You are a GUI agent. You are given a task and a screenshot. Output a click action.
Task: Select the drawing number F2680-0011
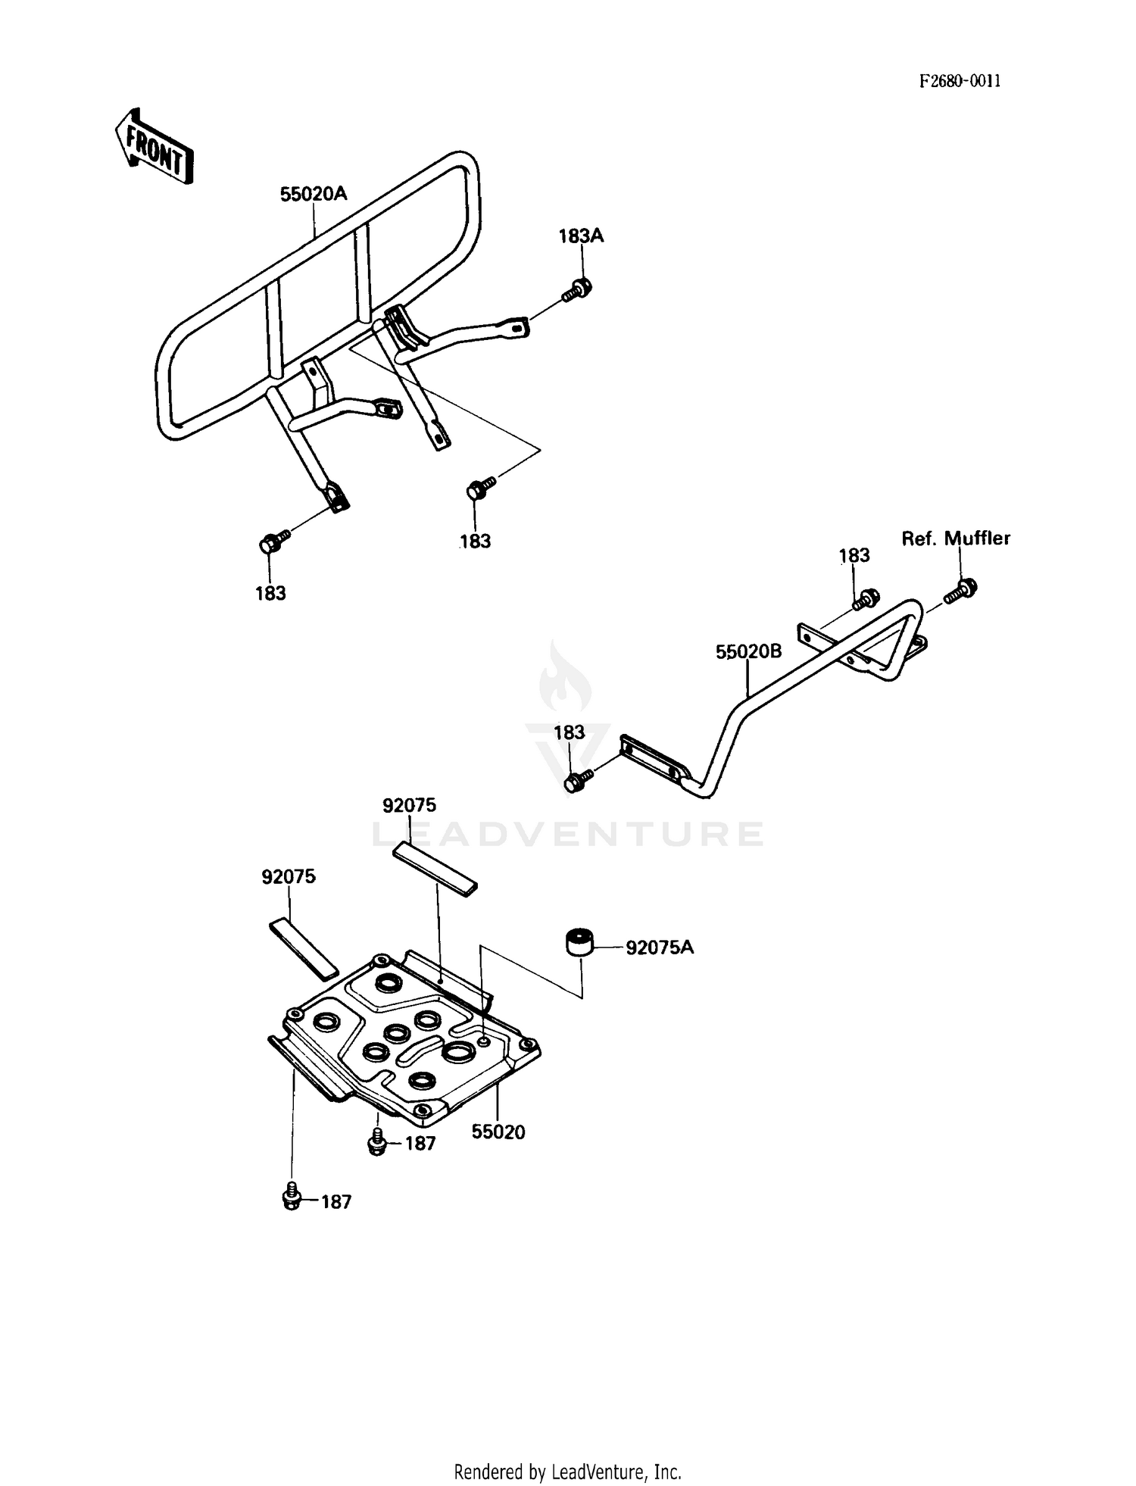(x=960, y=81)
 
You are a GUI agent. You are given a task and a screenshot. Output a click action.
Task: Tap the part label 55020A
(x=314, y=194)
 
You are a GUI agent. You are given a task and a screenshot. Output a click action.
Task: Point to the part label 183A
(x=581, y=236)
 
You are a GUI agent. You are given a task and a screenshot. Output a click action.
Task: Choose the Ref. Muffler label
(x=956, y=538)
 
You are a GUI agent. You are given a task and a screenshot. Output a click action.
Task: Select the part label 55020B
(x=748, y=651)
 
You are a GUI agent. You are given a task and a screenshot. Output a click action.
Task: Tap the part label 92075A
(x=660, y=947)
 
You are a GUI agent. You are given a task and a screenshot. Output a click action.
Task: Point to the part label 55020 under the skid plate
(x=498, y=1132)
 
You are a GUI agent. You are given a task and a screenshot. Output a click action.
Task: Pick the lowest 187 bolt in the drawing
(x=291, y=1197)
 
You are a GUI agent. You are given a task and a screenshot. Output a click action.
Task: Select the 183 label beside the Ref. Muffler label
(x=854, y=555)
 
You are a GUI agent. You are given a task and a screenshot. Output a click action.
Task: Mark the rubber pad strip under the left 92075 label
(x=304, y=948)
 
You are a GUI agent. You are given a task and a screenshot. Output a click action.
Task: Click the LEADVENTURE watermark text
(x=567, y=834)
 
